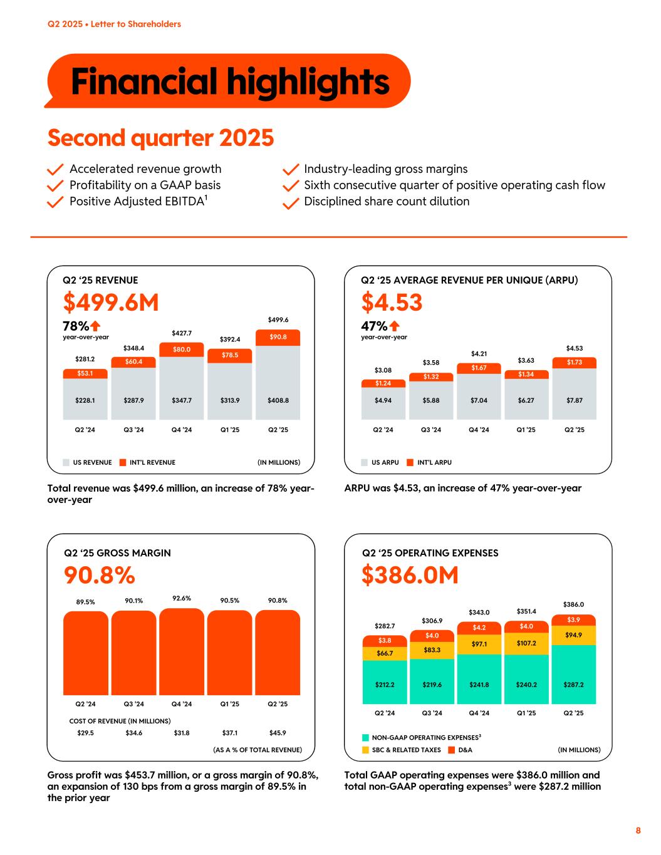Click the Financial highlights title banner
229,81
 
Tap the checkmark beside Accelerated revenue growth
56,170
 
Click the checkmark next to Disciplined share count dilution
290,203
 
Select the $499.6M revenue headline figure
111,303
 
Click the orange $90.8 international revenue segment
278,337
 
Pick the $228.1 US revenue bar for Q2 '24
85,400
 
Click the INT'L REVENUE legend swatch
123,463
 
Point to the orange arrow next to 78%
96,326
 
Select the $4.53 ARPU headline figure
392,303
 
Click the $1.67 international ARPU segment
479,368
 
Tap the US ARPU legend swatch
365,463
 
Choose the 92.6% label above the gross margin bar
181,598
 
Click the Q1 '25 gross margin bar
229,653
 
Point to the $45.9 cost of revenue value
278,732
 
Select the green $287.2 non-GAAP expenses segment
573,685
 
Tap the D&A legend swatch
451,750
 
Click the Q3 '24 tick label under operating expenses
432,713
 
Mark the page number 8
638,831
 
